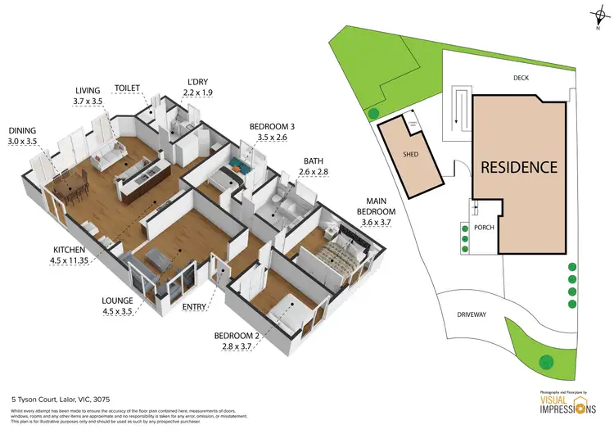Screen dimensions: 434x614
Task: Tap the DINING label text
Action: [x=23, y=130]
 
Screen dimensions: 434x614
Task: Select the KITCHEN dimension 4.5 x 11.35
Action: [x=36, y=262]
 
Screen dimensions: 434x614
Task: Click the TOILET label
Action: [x=129, y=88]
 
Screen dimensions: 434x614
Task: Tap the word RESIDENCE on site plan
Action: [x=518, y=167]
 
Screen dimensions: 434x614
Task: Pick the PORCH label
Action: [x=485, y=228]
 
